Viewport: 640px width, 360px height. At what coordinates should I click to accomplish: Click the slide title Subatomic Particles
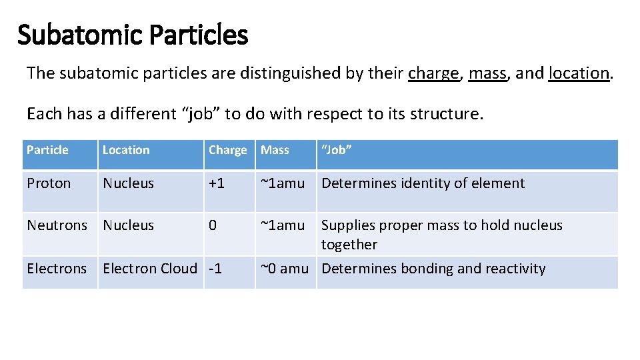coord(132,35)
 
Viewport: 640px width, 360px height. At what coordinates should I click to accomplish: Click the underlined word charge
coord(433,73)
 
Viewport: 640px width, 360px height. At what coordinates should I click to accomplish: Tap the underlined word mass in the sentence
coord(487,73)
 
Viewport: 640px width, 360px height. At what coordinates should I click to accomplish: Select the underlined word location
coord(579,73)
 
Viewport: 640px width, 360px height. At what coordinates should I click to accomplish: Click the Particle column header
coord(47,150)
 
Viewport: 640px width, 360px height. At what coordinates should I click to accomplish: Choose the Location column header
coord(126,150)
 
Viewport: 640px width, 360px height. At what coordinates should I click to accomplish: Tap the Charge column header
coord(227,151)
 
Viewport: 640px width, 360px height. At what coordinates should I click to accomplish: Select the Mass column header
coord(275,150)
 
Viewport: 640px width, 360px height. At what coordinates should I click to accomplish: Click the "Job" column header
coord(336,150)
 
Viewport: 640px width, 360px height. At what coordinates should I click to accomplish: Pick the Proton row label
coord(49,183)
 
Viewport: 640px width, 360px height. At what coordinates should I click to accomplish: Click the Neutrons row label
coord(57,225)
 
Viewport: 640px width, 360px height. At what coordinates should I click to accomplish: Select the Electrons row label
coord(57,269)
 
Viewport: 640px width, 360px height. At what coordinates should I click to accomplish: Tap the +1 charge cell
coord(217,183)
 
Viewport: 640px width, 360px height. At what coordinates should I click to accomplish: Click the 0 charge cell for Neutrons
coord(213,225)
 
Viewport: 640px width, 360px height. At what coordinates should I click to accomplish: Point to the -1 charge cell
coord(215,269)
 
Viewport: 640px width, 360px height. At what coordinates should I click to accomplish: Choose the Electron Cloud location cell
coord(150,269)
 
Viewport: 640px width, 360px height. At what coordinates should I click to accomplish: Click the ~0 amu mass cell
coord(284,269)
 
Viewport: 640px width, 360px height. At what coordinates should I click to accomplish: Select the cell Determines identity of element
coord(423,183)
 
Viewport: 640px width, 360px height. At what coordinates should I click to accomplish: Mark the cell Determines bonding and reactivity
coord(433,269)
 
